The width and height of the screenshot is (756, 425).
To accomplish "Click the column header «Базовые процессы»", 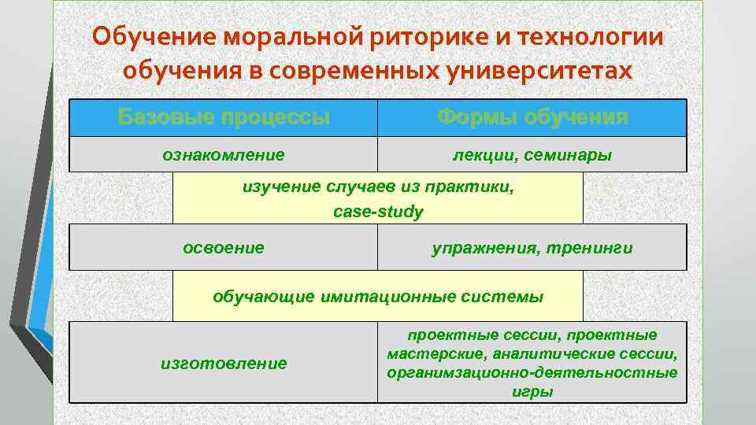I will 224,118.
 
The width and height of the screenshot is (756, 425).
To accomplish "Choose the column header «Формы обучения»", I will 532,118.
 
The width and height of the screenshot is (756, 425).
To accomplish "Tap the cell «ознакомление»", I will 224,155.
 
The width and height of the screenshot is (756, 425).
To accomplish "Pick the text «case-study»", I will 378,212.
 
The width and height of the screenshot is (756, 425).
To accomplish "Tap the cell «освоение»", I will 224,248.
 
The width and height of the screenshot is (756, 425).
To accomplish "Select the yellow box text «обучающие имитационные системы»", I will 378,297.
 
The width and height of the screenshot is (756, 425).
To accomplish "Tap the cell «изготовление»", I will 224,364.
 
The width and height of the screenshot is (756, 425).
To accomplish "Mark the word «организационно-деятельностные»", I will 532,373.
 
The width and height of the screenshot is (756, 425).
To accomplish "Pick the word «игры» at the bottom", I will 532,391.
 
